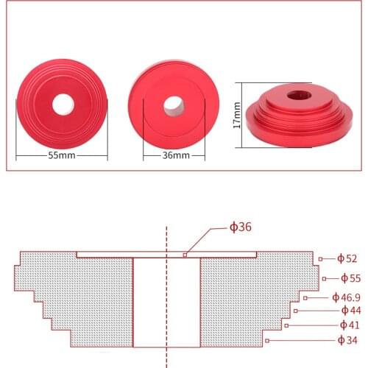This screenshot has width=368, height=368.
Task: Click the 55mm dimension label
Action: tap(63, 156)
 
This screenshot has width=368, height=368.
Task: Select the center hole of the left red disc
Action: tap(62, 104)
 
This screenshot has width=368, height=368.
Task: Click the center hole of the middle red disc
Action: tap(174, 105)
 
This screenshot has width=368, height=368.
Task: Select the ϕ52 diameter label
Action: tap(347, 258)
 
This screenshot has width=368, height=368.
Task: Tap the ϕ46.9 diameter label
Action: tap(346, 297)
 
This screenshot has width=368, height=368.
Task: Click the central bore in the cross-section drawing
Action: tap(166, 302)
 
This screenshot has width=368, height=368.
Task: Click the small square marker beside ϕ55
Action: tap(325, 278)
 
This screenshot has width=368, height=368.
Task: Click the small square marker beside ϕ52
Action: tap(320, 258)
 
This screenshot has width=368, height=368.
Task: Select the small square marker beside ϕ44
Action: tap(295, 311)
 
